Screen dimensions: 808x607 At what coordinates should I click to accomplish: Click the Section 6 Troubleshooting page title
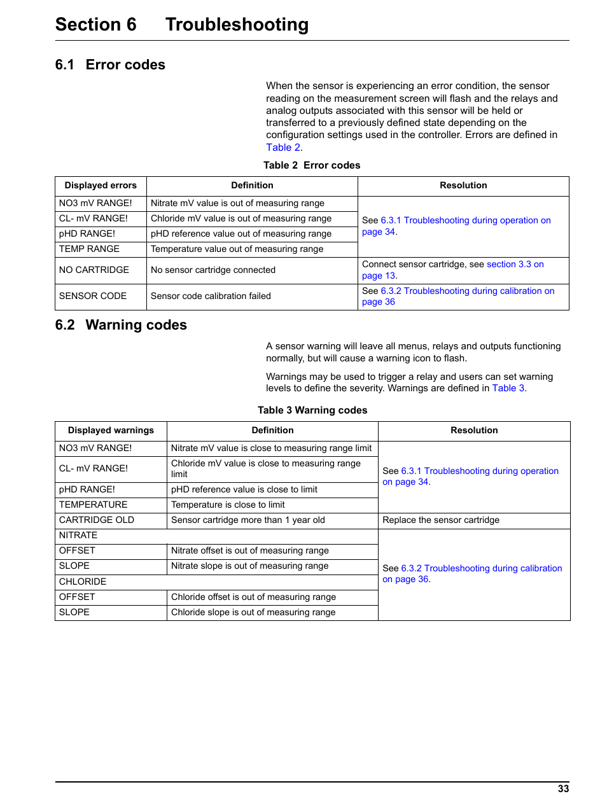click(182, 25)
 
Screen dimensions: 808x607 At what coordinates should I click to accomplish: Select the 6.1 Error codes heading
click(110, 65)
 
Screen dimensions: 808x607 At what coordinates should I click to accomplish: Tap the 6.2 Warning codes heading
click(121, 325)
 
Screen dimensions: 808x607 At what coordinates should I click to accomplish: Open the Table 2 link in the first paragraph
click(284, 148)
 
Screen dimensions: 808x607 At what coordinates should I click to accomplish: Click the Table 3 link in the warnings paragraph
click(508, 388)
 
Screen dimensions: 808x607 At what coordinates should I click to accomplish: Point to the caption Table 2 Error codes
click(312, 165)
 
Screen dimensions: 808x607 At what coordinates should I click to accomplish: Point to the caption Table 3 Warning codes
click(312, 410)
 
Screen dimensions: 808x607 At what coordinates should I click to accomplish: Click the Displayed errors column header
click(101, 186)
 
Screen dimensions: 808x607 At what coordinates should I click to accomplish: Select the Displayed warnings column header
click(111, 431)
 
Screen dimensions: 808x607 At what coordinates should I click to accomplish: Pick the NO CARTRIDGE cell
click(94, 270)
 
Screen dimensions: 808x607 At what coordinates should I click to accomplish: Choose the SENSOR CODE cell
click(93, 296)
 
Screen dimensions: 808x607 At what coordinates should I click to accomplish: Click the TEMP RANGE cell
click(89, 249)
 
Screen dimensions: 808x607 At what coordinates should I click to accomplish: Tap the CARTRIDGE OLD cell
click(97, 520)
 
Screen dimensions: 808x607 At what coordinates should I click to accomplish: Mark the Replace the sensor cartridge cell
click(441, 520)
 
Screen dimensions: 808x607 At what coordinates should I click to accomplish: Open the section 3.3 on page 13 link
click(515, 265)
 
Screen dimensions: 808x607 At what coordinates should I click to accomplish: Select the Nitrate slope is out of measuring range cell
click(250, 566)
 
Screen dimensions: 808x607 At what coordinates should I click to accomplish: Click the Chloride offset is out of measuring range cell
click(253, 597)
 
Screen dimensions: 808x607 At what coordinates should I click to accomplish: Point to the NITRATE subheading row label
click(78, 536)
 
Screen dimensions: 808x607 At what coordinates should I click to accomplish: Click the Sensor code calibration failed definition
click(211, 296)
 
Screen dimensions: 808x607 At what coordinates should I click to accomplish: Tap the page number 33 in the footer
click(563, 789)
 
